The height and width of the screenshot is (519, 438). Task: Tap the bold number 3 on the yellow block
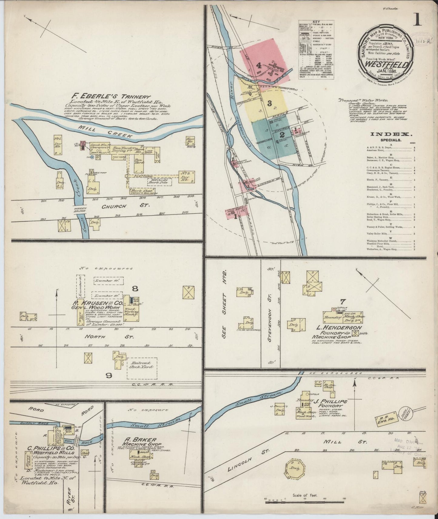(269, 103)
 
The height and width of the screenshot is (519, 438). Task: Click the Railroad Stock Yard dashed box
(142, 368)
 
